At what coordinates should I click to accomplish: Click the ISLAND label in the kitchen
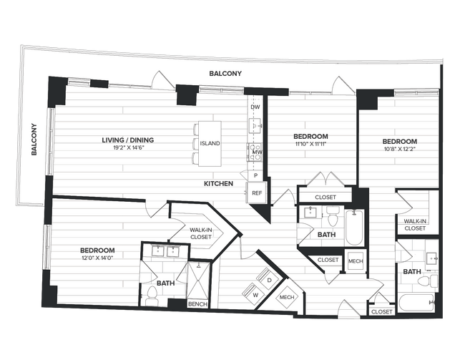click(x=210, y=143)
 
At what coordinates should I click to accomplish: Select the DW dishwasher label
click(x=255, y=107)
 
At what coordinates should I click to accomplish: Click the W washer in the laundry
click(x=254, y=293)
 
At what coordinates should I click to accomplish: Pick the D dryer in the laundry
click(x=269, y=280)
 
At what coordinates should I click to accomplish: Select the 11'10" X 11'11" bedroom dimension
click(x=310, y=145)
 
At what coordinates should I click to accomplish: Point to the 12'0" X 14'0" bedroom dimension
click(x=97, y=258)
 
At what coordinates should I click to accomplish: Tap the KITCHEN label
click(x=219, y=184)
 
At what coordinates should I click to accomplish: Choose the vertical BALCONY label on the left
click(x=33, y=139)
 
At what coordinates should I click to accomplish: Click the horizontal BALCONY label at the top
click(x=226, y=74)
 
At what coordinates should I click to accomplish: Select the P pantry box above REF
click(x=255, y=175)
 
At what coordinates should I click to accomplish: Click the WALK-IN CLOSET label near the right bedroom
click(x=415, y=225)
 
